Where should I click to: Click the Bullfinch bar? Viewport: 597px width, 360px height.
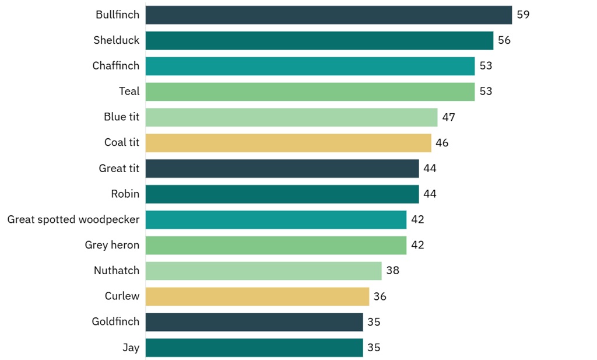pos(328,15)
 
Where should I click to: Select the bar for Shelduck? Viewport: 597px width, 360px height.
pos(319,40)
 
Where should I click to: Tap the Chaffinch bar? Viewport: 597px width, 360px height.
pos(310,66)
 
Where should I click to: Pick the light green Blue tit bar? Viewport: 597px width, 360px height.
pos(291,117)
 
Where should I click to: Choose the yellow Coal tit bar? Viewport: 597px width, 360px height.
pos(288,143)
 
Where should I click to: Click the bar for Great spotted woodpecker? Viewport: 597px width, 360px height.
pos(275,220)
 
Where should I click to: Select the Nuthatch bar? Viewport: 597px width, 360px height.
pos(263,271)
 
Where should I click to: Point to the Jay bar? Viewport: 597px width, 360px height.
pos(254,348)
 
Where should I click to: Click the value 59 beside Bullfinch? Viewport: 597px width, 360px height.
pos(523,15)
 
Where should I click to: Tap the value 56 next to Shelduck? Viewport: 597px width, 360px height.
pos(504,40)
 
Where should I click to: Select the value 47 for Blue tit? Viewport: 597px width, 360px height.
pos(448,117)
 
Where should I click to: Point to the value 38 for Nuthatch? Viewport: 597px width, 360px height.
pos(392,271)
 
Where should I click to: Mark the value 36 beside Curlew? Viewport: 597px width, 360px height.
pos(380,296)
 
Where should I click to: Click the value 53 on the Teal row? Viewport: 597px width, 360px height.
pos(486,92)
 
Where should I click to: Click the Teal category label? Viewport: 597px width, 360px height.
pos(129,92)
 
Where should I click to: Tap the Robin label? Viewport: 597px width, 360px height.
pos(125,194)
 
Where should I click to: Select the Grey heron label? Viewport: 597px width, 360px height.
pos(112,245)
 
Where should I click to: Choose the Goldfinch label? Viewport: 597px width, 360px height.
pos(115,322)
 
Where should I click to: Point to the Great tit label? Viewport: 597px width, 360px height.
pos(119,169)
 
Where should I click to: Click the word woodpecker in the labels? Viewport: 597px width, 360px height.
pos(111,220)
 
